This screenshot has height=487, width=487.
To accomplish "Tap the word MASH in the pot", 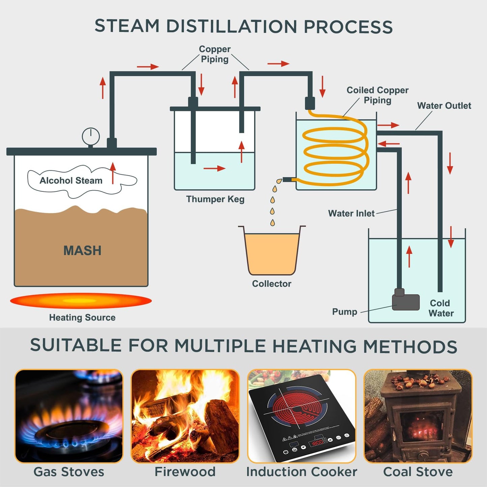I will pos(82,250).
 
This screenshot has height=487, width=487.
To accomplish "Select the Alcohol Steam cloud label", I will pos(71,181).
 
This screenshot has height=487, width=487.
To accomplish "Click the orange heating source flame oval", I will pos(81,301).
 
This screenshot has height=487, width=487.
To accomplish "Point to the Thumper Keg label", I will pos(215,199).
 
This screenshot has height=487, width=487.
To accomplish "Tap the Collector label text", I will pos(271,284).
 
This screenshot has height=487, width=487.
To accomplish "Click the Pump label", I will pos(344,312).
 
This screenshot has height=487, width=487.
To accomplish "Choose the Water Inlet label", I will pos(351,213).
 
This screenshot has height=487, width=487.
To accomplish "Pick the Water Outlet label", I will pos(444,106).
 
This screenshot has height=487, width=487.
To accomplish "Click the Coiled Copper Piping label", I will pos(377,95).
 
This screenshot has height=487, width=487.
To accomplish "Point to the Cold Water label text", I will pos(441,308).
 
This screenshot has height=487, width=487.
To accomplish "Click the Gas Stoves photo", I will pos(69,416).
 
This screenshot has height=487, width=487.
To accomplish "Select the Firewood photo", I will pos(185,416).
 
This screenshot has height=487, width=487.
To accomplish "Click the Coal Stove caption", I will pos(418,472).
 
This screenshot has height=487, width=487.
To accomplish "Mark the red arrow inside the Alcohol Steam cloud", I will pos(113,173).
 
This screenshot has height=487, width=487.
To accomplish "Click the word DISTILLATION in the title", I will pos(232,26).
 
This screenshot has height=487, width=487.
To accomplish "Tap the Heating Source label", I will pos(82,317).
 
